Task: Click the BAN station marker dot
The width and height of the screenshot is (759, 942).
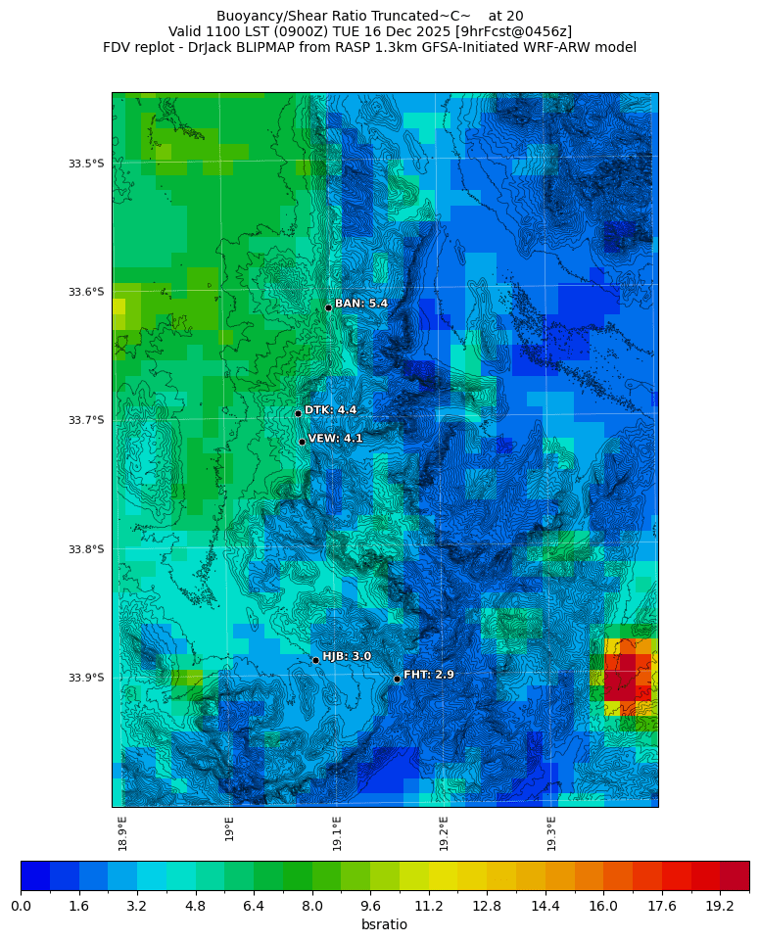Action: tap(328, 307)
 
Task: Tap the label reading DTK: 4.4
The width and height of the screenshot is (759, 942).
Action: tap(330, 410)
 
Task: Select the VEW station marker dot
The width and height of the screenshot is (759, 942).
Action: tap(302, 442)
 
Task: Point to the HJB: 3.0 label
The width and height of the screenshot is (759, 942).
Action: tap(347, 656)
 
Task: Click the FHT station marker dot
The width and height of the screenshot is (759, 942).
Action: tap(397, 679)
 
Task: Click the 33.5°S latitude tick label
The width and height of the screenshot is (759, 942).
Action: tap(86, 164)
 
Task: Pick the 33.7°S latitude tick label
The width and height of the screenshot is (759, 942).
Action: tap(86, 420)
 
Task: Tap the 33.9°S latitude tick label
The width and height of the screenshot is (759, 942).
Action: tap(86, 678)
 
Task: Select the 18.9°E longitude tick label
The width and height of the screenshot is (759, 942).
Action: tap(122, 832)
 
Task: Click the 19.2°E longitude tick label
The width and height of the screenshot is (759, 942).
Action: tap(444, 832)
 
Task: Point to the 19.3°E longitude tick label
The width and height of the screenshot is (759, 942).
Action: tap(551, 832)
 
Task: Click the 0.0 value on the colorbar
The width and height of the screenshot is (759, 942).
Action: tap(21, 907)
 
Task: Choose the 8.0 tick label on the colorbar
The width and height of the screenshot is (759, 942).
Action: tap(311, 907)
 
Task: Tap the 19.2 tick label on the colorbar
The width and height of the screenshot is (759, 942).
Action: tap(720, 907)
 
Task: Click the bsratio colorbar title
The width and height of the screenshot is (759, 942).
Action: tap(384, 925)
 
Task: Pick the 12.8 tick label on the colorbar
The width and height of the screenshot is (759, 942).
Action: tap(487, 907)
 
